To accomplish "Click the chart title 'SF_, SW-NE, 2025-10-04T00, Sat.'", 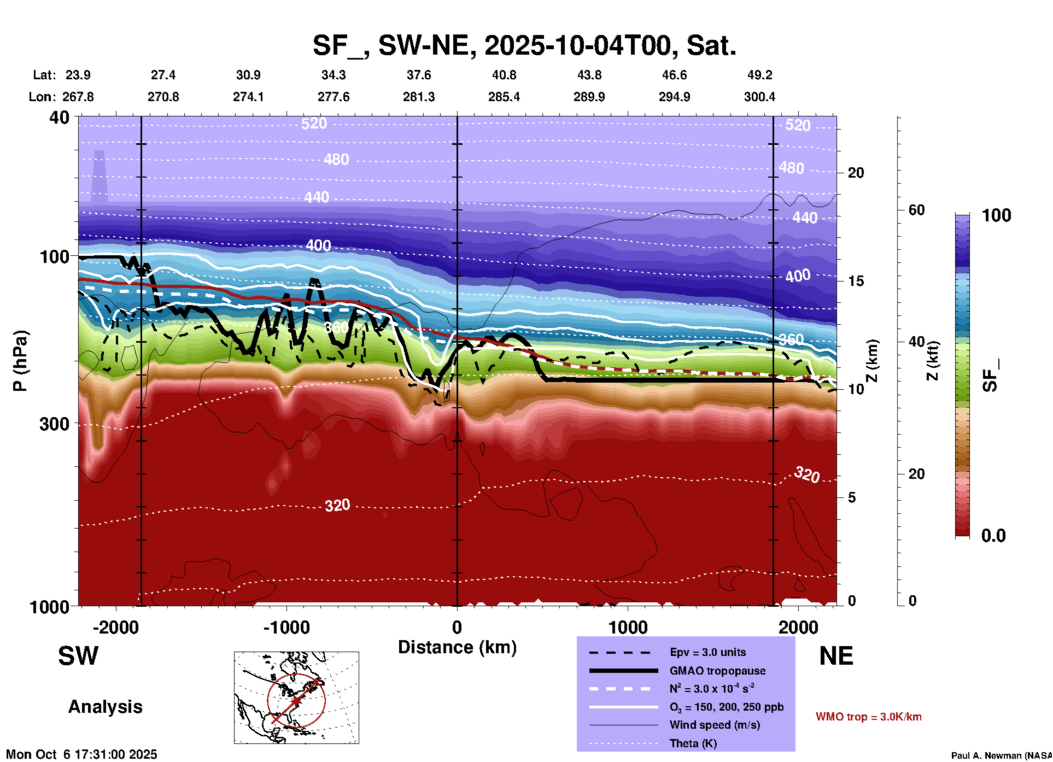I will coord(524,45).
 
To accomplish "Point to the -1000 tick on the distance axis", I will coord(286,627).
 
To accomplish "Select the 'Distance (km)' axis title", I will coord(457,647).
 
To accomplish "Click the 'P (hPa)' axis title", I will coord(20,360).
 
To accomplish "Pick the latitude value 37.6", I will coord(419,75).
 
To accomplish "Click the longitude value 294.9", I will coord(674,97).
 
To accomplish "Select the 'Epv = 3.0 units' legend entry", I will coord(707,652).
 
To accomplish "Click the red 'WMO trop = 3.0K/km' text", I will coord(868,717).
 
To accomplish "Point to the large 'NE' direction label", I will coord(836,656).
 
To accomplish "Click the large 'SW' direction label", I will coord(78,656).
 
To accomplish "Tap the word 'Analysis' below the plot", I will coord(105,707).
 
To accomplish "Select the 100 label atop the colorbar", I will coord(996,215).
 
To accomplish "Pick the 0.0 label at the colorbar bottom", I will coord(993,536).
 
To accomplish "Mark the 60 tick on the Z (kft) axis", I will coord(916,210).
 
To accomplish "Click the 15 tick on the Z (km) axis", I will coord(856,281).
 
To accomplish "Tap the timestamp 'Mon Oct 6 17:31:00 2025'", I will coord(81,754).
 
